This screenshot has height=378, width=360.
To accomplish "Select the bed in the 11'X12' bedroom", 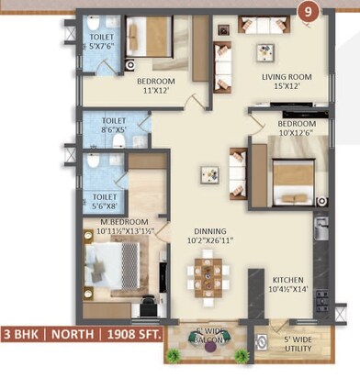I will (147, 38).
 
